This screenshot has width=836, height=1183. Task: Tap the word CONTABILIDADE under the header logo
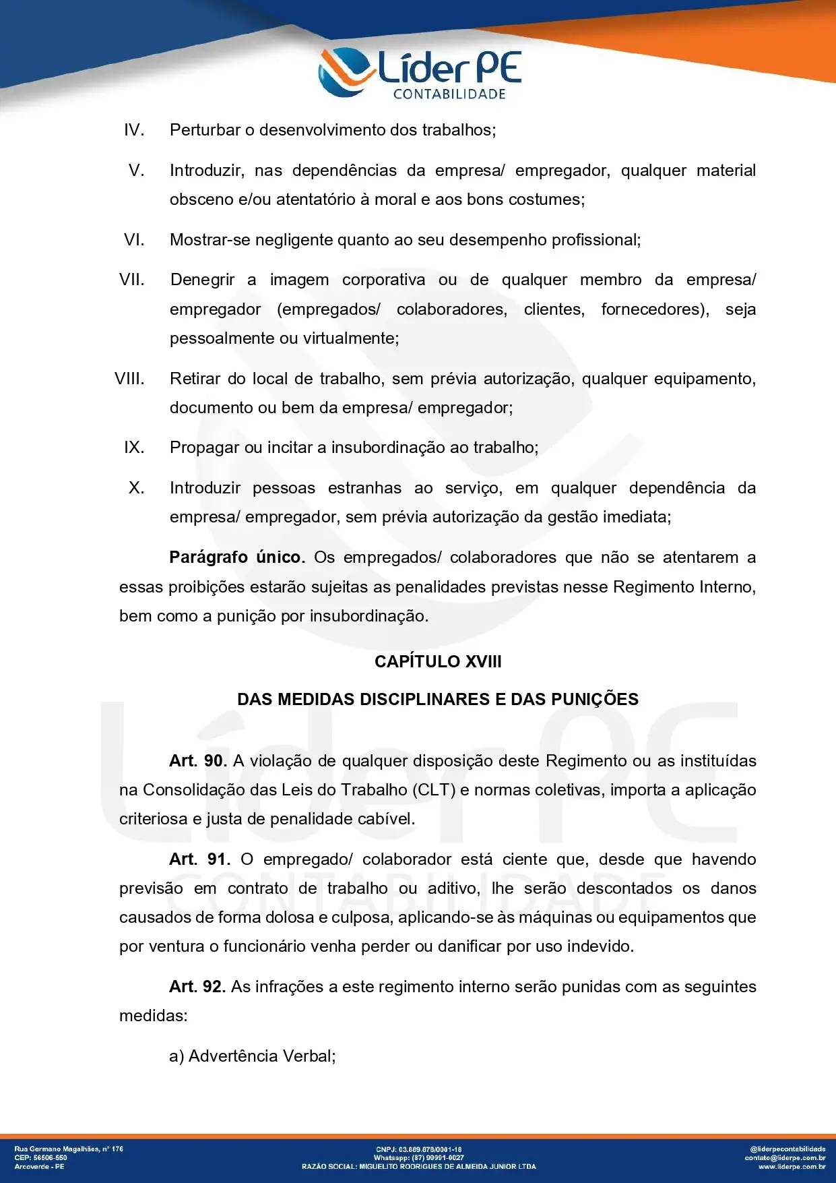(x=449, y=94)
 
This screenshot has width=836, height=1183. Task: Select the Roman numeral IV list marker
(x=134, y=130)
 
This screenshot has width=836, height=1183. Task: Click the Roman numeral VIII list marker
(x=129, y=379)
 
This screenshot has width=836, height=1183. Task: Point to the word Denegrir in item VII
(x=203, y=280)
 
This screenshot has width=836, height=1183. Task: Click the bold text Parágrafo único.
(x=236, y=557)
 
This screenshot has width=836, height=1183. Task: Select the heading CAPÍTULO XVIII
(x=438, y=661)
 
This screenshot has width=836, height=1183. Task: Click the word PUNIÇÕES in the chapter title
(x=595, y=699)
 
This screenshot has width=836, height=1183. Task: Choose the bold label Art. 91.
(x=199, y=859)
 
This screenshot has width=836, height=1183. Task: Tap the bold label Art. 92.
(x=197, y=987)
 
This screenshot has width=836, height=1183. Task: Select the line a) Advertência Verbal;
(x=253, y=1056)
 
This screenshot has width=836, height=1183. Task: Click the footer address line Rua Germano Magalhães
(x=69, y=1149)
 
